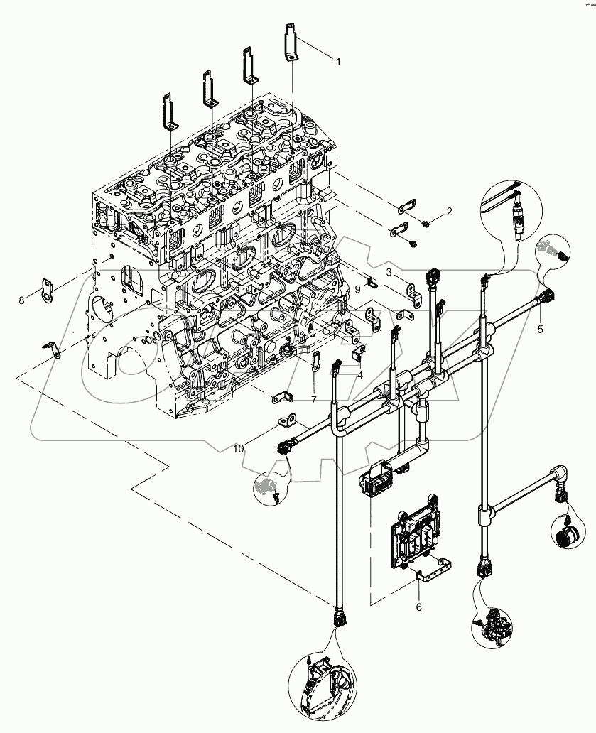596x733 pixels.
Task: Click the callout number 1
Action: [338, 62]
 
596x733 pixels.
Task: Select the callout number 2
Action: [449, 212]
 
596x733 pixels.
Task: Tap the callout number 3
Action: [390, 272]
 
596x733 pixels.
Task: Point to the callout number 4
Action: [360, 375]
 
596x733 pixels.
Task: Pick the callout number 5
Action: [540, 329]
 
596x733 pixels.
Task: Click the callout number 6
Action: [418, 607]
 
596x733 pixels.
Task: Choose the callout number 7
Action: [313, 401]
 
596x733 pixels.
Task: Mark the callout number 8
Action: [21, 300]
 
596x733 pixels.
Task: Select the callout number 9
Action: [357, 289]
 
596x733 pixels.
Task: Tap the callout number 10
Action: [239, 449]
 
